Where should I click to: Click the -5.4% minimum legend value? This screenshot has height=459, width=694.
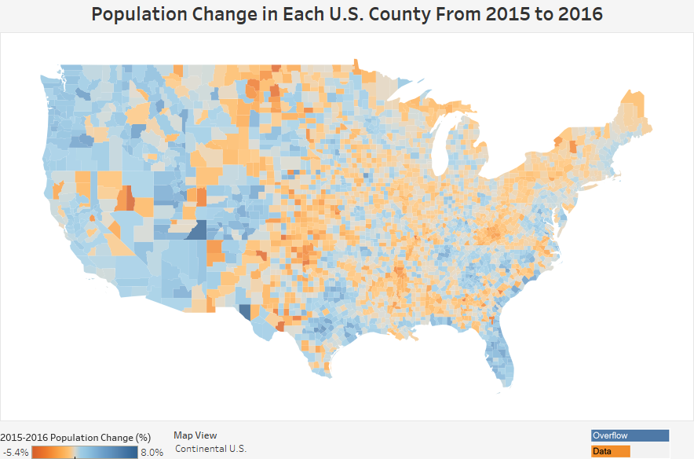coord(16,453)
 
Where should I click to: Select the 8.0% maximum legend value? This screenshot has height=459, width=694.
coord(152,453)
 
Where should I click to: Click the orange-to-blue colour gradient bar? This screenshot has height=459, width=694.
coord(85,452)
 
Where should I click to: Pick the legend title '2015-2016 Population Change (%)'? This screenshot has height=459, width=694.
coord(75,437)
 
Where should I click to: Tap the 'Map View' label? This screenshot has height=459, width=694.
coord(195,435)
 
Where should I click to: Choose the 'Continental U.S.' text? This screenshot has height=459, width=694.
coord(210,449)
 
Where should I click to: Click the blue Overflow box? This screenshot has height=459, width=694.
coord(630,435)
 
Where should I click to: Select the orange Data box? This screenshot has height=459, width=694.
coord(611,451)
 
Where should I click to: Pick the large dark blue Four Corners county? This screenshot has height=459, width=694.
coord(195,229)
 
